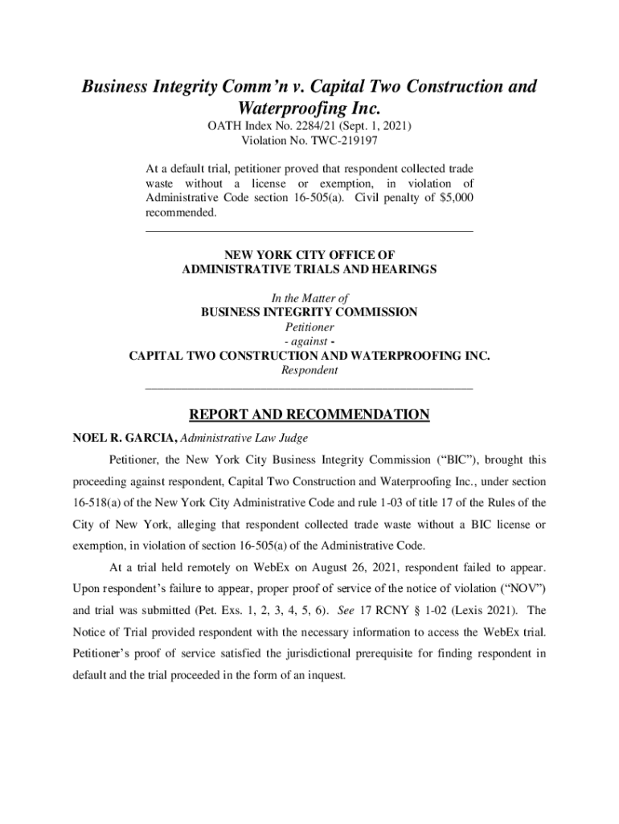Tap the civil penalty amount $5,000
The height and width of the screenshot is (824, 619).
(448, 197)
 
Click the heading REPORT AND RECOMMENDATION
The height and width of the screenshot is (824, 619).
(309, 415)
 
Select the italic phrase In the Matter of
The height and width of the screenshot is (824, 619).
(309, 298)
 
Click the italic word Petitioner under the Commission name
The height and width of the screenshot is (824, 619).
(309, 328)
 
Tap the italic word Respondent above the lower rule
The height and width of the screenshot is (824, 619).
(309, 371)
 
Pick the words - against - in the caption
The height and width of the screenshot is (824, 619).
(309, 342)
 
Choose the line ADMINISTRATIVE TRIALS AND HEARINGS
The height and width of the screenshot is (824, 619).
(309, 270)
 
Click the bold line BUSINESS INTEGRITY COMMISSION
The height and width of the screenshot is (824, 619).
(309, 312)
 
